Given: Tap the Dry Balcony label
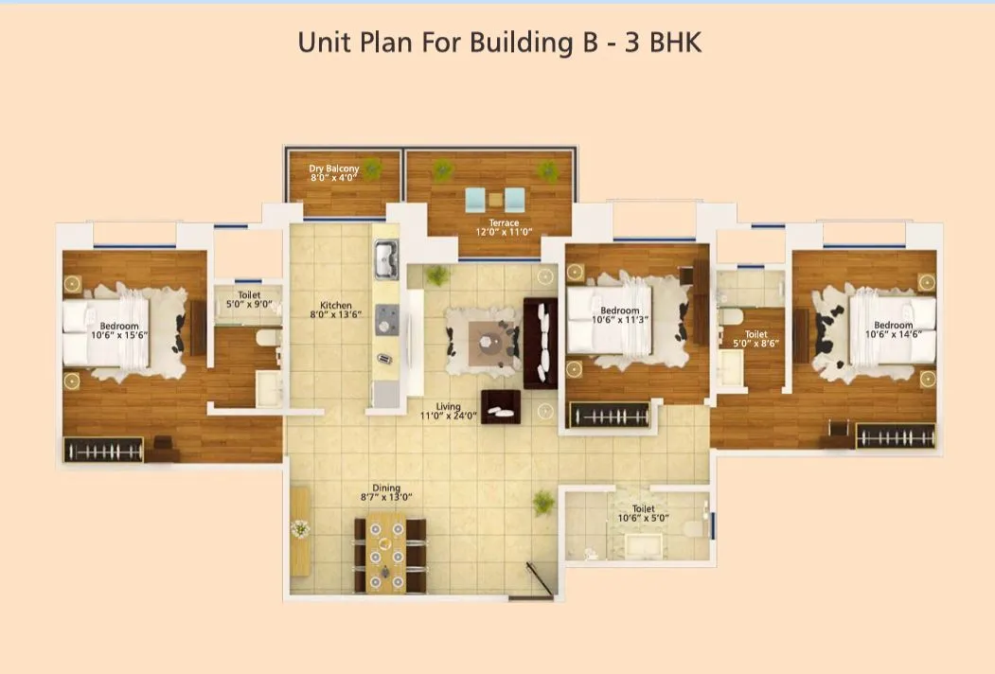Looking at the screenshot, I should pos(334,172).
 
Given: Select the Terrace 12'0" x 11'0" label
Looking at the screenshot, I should pos(504,228).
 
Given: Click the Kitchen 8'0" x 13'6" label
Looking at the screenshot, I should pos(335,310).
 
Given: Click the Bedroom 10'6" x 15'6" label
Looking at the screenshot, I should pos(119,330).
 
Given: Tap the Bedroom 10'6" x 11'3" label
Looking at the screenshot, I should pos(620,316).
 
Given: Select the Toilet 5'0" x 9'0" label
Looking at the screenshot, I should pos(249,301).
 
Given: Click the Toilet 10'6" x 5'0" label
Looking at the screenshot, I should pos(643,513).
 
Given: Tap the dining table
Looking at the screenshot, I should pos(386,552).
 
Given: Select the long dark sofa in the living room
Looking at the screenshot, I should pos(541,342).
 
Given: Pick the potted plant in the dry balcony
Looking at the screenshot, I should pos(373,169).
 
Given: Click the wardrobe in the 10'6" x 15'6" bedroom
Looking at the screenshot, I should pos(103,450).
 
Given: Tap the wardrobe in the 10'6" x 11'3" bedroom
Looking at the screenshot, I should pos(609,415).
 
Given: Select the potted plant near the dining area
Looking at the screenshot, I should pos(544,502).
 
